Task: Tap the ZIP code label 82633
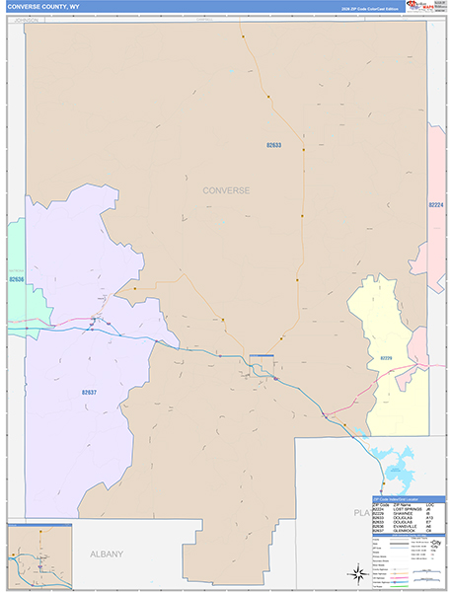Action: click(x=273, y=145)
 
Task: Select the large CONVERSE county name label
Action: click(x=226, y=189)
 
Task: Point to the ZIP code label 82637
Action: click(x=89, y=392)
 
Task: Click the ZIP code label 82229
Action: click(x=386, y=358)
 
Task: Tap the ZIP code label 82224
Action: click(x=437, y=205)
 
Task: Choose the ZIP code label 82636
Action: click(x=15, y=279)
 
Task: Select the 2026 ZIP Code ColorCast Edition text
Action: click(x=374, y=9)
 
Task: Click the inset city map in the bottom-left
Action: click(x=39, y=556)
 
